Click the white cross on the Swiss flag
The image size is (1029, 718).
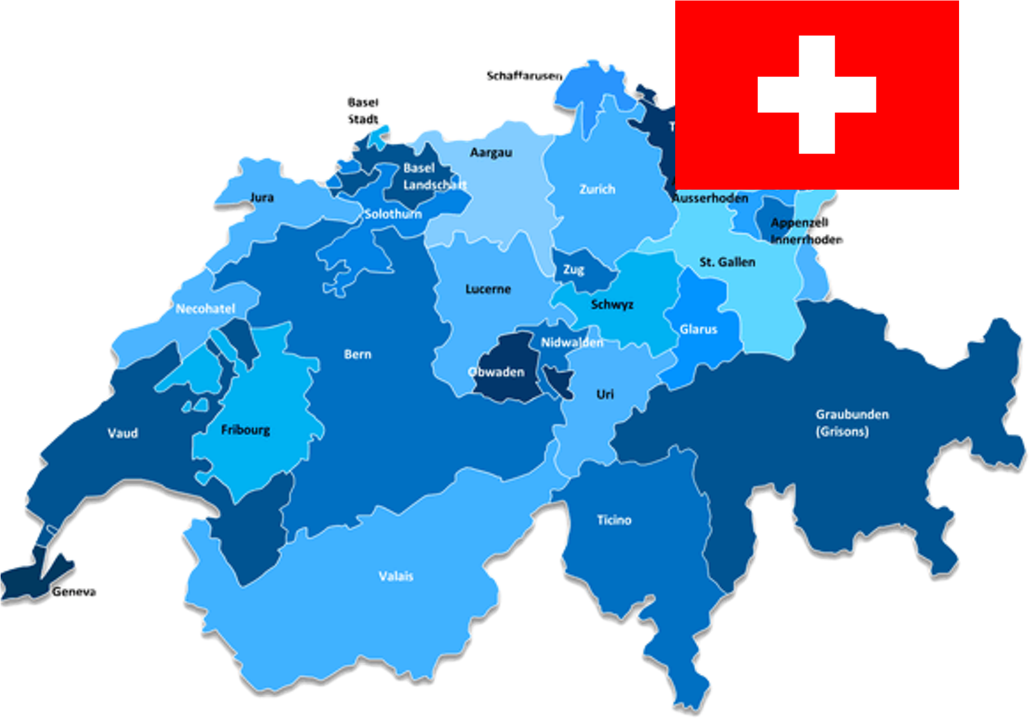817,95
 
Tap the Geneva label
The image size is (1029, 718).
74,592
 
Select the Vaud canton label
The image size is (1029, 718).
123,433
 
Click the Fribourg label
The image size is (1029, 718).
245,430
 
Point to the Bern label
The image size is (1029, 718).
357,354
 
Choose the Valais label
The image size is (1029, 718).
396,576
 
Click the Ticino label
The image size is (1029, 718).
614,520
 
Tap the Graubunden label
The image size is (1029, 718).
852,414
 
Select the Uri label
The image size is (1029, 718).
605,394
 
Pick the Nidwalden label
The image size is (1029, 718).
572,342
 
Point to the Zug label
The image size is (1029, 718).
573,269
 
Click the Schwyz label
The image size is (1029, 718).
612,305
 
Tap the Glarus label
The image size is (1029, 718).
698,329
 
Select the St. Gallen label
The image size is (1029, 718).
727,262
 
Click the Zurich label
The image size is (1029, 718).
597,189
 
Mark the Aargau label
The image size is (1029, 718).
491,153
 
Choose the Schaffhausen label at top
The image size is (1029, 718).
523,76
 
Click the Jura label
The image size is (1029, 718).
262,197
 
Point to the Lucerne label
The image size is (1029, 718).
488,289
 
